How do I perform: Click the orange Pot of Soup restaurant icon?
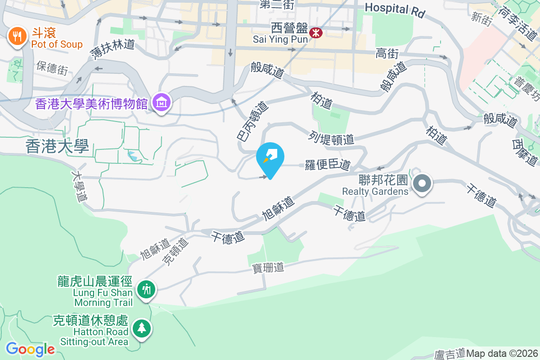point(17,36)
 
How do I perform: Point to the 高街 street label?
point(387,54)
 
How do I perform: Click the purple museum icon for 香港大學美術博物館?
point(161,103)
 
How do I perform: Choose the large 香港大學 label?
point(57,146)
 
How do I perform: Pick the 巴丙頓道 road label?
point(252,120)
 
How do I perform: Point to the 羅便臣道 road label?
point(328,165)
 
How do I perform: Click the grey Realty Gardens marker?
point(422,184)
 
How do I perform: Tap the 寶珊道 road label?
point(268,267)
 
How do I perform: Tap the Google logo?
point(30,349)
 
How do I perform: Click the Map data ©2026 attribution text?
point(502,353)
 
